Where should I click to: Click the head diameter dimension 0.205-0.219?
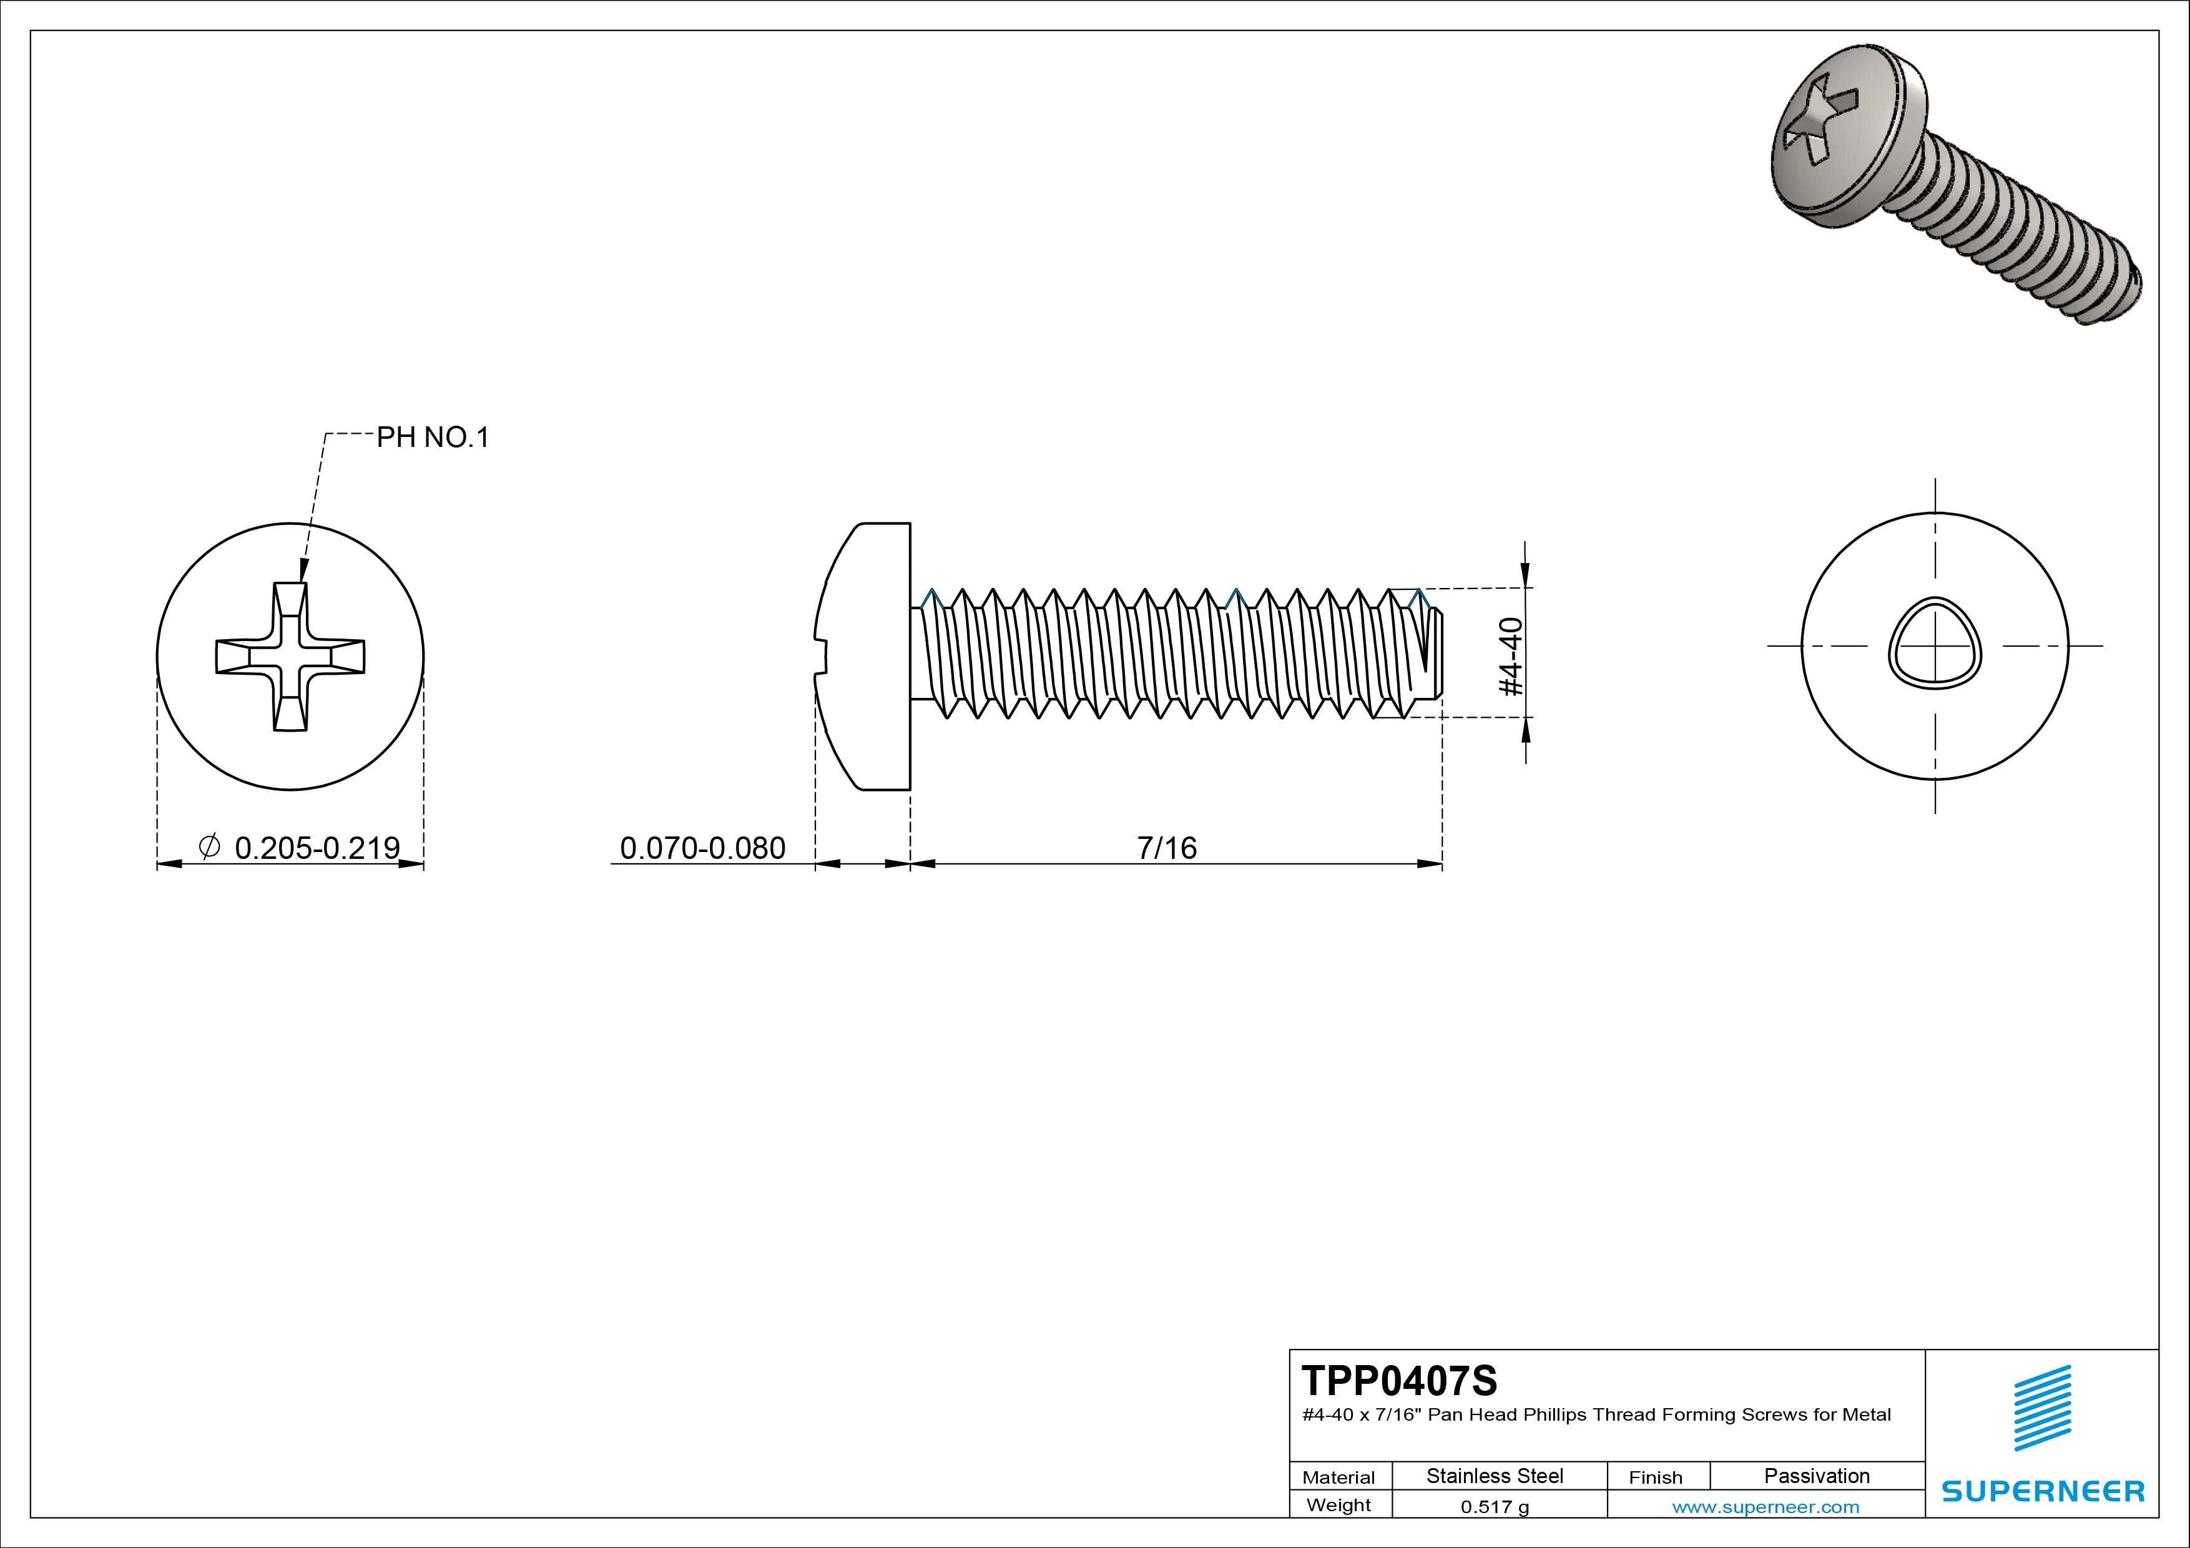317,847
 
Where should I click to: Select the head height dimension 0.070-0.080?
702,847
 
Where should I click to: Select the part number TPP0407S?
1398,1380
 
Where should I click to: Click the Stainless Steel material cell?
1494,1476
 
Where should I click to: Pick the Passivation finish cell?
1816,1476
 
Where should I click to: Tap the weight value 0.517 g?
1494,1507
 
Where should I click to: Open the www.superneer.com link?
1765,1507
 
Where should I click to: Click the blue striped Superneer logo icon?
2041,1408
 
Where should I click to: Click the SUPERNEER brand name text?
2042,1491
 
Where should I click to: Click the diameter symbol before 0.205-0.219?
209,845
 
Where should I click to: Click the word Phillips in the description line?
1556,1414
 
